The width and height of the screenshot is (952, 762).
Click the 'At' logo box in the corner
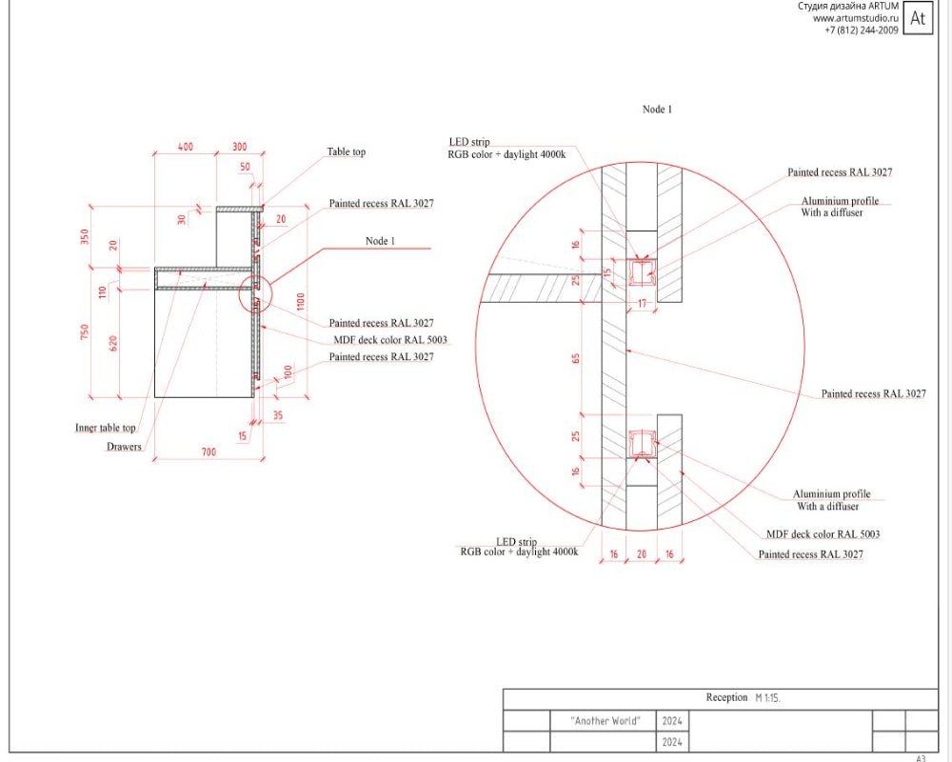click(x=918, y=17)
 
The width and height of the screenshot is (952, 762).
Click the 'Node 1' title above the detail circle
click(x=657, y=110)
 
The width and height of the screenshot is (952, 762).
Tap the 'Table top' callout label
click(x=346, y=152)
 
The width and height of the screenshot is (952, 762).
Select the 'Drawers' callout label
click(x=124, y=447)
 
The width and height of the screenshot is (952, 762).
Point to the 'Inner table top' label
click(x=106, y=429)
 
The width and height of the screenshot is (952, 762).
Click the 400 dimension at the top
click(x=186, y=148)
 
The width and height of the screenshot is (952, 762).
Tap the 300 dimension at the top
click(x=239, y=148)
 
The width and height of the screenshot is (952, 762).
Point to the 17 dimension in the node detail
click(x=642, y=304)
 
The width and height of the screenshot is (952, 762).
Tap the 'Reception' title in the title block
click(x=726, y=698)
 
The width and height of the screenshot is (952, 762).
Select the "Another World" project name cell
click(x=605, y=721)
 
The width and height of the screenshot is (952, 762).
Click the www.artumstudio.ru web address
click(x=855, y=18)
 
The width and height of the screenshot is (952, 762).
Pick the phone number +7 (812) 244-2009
click(x=861, y=30)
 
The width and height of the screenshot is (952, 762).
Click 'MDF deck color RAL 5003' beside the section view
click(x=390, y=340)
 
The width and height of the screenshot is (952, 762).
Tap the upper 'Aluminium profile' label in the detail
click(x=840, y=202)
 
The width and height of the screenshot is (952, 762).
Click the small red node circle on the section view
click(x=255, y=293)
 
